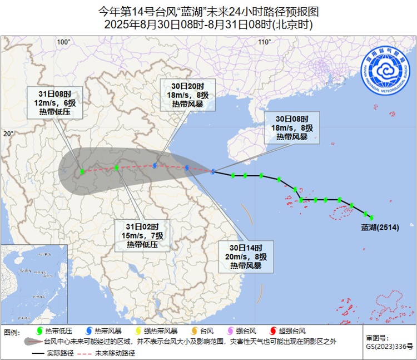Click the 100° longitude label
click(64, 42)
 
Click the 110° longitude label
click(264, 42)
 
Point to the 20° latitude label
click(8, 134)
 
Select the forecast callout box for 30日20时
click(187, 95)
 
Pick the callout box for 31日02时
click(142, 235)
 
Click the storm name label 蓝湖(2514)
click(378, 227)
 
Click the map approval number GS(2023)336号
click(389, 346)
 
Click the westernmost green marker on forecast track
click(82, 172)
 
